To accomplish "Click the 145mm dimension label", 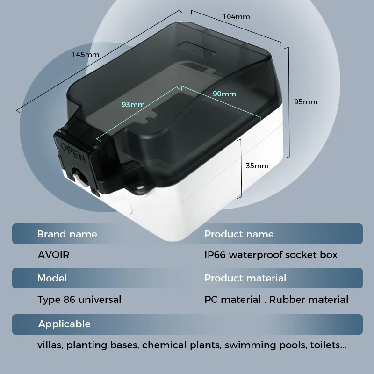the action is coord(86,55).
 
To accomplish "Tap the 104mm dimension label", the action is coord(236,17).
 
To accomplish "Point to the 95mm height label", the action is coord(306,102).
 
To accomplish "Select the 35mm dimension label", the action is coord(257,166).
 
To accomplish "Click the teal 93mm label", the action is coord(133,104).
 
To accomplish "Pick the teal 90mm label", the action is coord(224,94).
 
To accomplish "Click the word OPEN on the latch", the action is coord(73,153).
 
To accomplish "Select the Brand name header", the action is coord(67,234).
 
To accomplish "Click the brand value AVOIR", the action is coord(53,255).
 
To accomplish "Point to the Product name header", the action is coord(239,234).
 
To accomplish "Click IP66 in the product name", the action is coord(215,255).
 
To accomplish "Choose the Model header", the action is coord(52,278).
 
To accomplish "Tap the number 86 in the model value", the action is coord(69,300).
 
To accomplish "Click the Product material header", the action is coord(245,278).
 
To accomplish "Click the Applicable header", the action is coord(65,324).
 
